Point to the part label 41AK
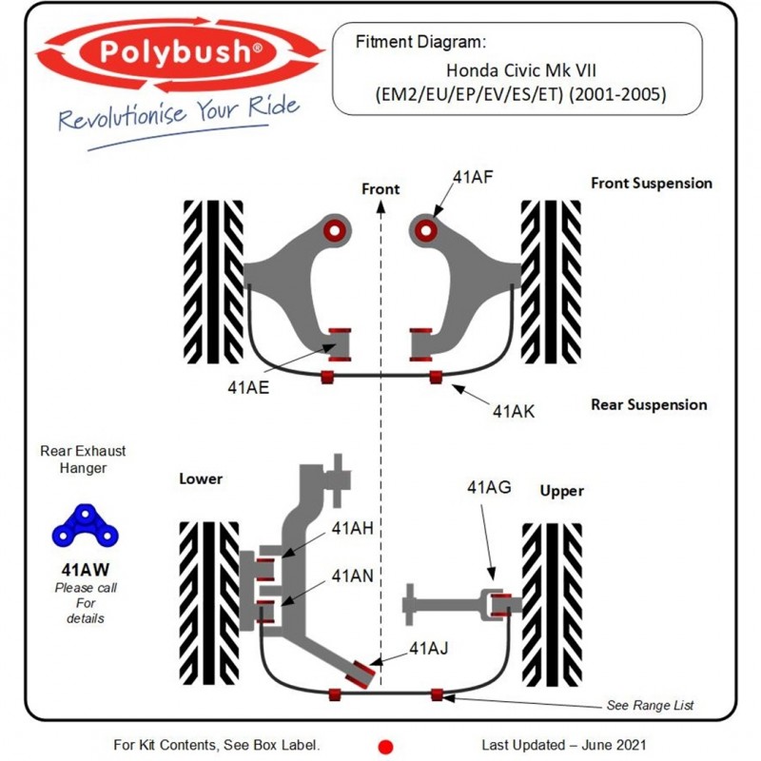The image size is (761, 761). click(514, 411)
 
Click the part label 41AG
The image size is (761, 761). click(489, 488)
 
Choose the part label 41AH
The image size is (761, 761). click(352, 529)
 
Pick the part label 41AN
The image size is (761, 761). click(352, 576)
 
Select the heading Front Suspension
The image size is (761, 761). click(651, 183)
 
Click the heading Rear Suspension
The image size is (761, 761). click(649, 404)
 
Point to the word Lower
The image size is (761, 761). click(201, 478)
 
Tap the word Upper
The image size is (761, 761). click(561, 491)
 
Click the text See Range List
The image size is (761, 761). click(650, 705)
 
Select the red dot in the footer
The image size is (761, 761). click(385, 747)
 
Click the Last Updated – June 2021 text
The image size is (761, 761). click(564, 745)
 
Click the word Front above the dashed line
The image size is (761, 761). click(380, 189)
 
